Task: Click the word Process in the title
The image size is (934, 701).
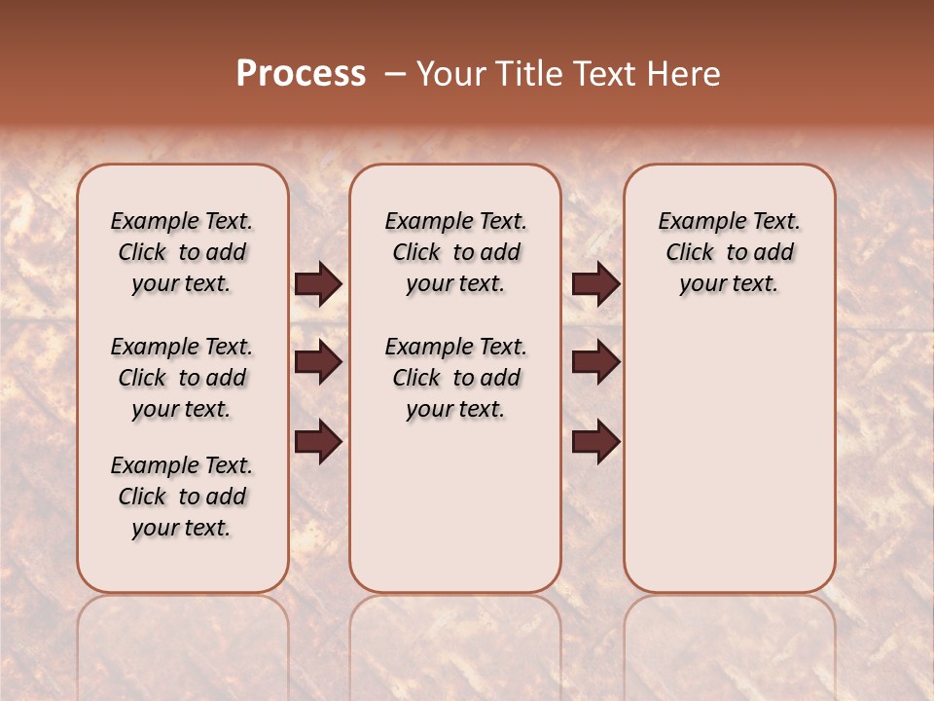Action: click(x=301, y=74)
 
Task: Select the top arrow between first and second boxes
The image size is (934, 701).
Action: click(x=318, y=284)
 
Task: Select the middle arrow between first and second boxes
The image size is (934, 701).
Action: click(x=318, y=362)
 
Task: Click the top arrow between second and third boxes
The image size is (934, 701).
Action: click(x=595, y=284)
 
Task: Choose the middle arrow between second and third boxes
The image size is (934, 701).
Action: click(x=595, y=362)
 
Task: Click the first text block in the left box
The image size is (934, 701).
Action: click(x=182, y=252)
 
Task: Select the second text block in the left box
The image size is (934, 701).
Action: click(x=182, y=378)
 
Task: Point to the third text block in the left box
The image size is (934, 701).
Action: click(x=182, y=497)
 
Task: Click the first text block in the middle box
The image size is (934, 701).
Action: click(x=455, y=252)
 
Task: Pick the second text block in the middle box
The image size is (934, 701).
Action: click(x=455, y=378)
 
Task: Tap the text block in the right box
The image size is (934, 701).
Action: click(x=729, y=252)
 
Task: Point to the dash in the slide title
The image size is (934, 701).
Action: click(x=395, y=74)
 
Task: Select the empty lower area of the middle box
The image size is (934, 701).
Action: click(x=455, y=506)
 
